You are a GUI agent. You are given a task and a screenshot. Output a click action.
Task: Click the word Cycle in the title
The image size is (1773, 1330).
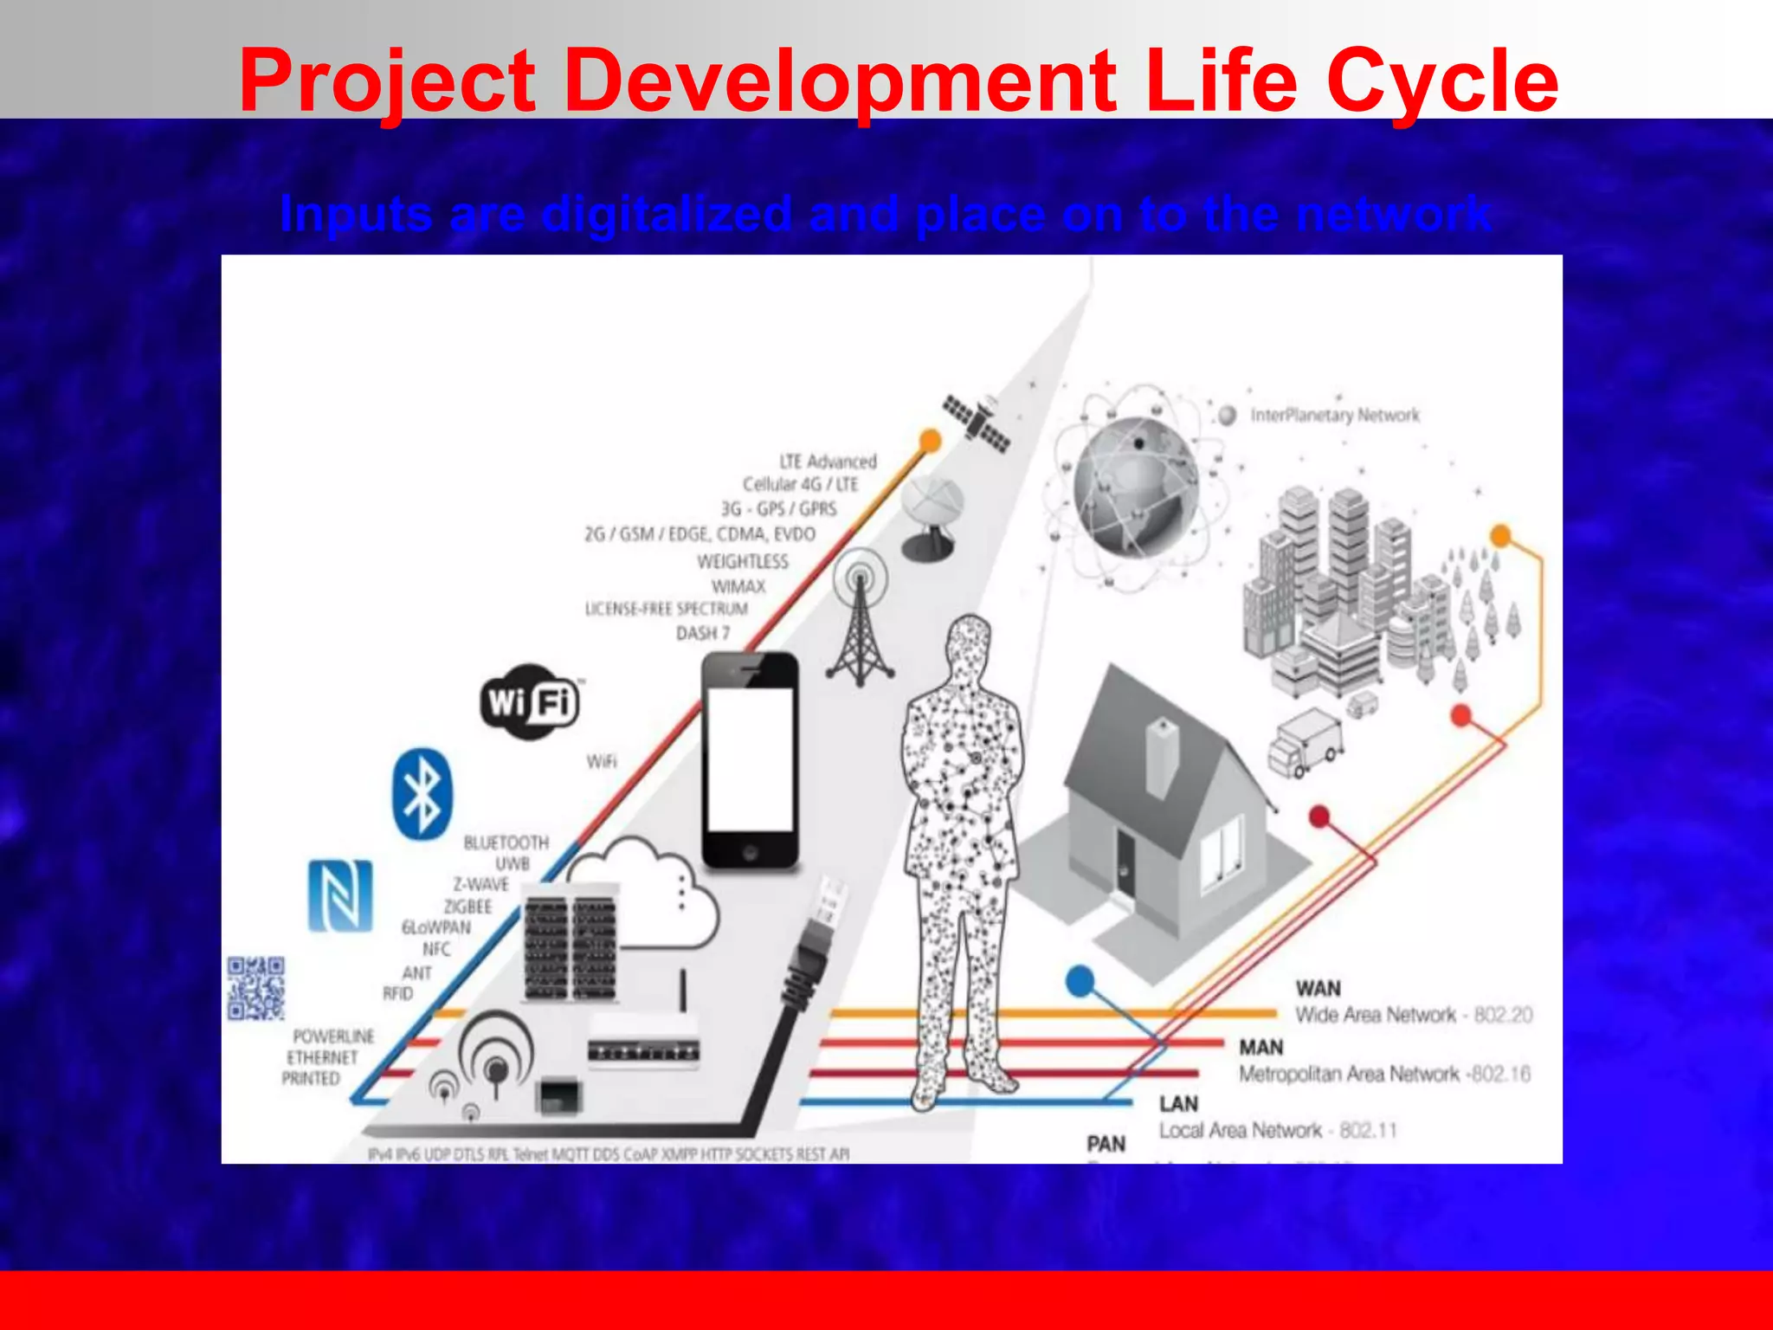coord(1441,82)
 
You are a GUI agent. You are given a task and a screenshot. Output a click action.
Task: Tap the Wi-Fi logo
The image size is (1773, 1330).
coord(530,701)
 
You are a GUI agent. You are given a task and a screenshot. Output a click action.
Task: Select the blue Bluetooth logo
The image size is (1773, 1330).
coord(422,794)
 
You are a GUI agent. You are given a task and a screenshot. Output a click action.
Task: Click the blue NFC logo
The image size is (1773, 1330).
coord(341,895)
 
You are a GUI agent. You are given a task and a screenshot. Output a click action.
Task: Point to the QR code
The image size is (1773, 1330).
coord(255,988)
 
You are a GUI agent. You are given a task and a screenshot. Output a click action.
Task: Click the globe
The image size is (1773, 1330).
coord(1136,487)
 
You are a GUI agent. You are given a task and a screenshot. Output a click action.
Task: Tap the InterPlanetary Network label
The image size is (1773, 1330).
coord(1335,416)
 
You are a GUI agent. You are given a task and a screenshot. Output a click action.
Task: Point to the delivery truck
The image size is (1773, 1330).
coord(1306,742)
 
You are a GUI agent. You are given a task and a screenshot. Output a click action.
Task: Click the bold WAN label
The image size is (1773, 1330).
coord(1318,988)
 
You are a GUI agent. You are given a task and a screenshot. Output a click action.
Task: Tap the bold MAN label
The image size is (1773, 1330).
coord(1260,1048)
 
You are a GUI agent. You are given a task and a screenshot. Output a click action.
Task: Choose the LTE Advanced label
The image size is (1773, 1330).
coord(828,462)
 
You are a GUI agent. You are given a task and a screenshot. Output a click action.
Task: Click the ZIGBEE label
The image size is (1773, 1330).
coord(467,907)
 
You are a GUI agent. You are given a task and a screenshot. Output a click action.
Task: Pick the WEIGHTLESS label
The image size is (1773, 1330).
coord(743,562)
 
